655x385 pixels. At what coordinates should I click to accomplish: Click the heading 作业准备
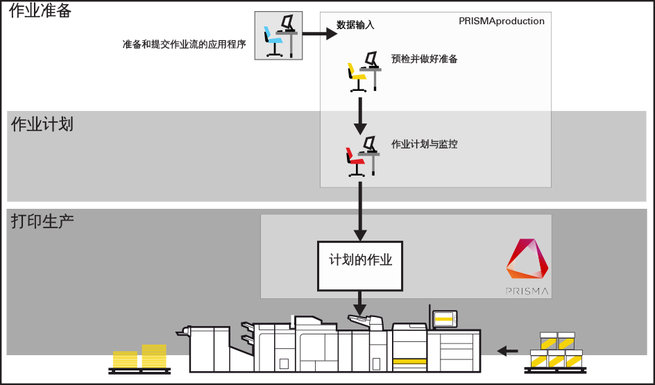pos(40,11)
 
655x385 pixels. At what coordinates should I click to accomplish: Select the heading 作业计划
pos(42,125)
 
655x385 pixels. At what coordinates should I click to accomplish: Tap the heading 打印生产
pos(42,222)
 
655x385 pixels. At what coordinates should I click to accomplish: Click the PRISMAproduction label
pos(501,22)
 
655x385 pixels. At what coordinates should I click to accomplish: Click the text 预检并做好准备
pos(424,60)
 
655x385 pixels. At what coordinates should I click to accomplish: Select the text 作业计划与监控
pos(424,145)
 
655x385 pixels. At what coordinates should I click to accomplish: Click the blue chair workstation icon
pos(278,35)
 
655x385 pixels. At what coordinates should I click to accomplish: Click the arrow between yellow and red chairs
pos(359,116)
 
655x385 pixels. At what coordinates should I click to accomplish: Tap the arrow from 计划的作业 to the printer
pos(359,303)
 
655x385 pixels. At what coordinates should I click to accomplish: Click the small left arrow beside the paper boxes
pos(508,351)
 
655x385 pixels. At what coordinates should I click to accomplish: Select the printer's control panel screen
pos(443,319)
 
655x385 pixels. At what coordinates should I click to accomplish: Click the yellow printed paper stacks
pos(140,357)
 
